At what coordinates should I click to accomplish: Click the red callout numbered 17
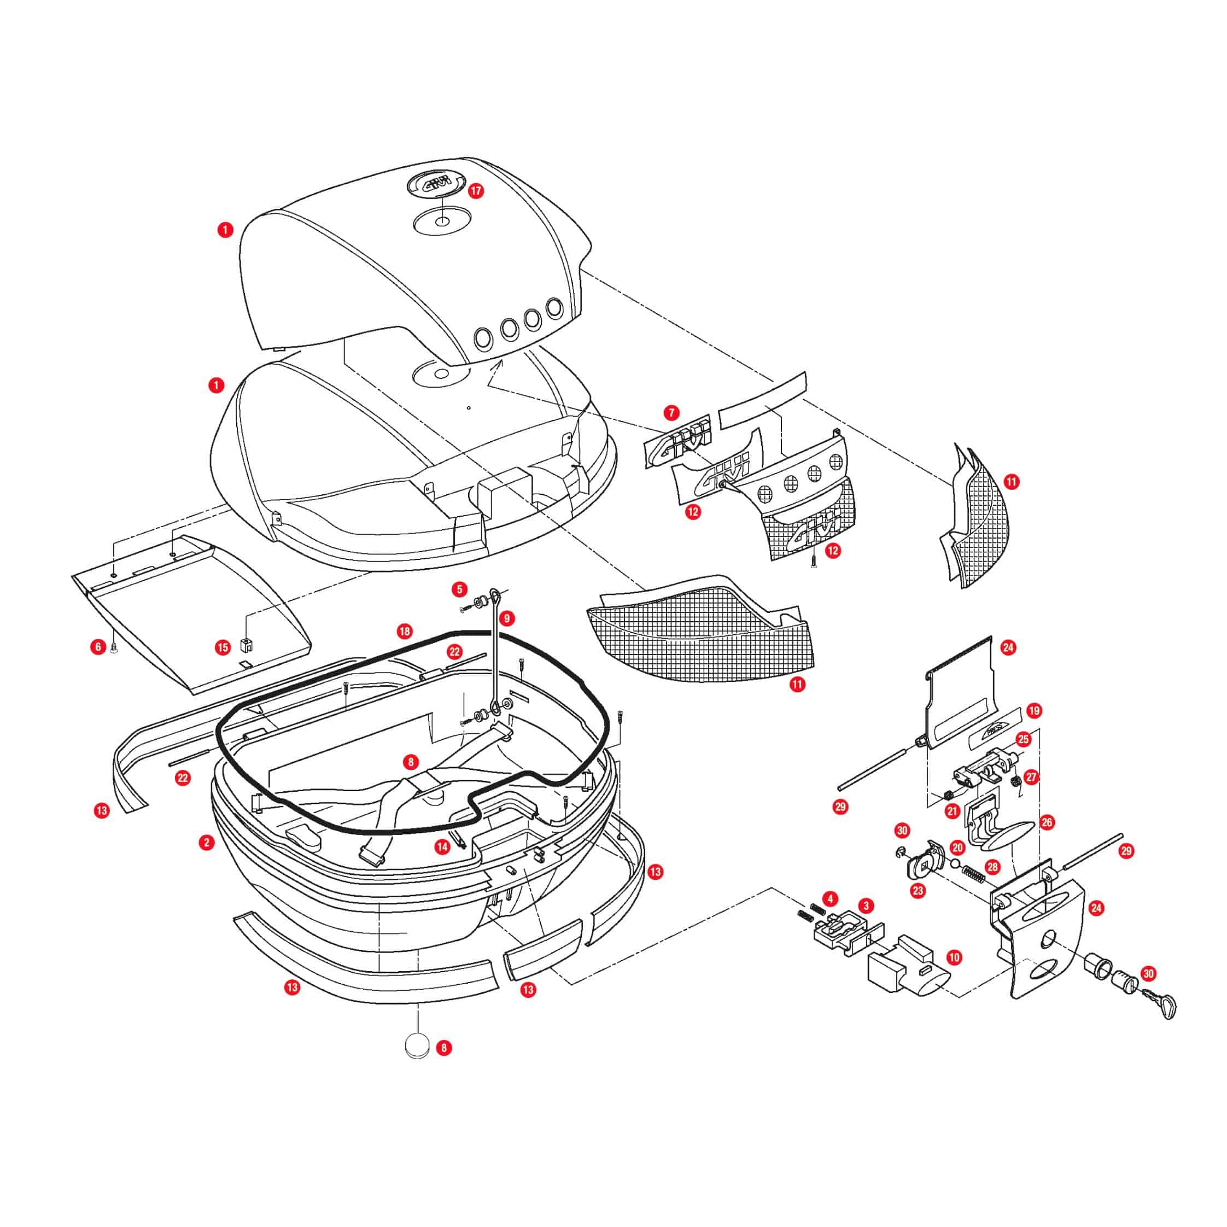476,190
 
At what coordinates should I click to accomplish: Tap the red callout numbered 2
206,843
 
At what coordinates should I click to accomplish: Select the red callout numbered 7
671,413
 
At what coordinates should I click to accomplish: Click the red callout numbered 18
405,632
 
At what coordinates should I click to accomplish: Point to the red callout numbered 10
954,957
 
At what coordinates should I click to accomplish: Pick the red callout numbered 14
442,846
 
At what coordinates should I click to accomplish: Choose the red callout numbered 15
223,648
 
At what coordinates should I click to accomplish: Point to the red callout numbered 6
98,647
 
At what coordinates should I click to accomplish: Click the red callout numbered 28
992,866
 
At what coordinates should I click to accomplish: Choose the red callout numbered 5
460,589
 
